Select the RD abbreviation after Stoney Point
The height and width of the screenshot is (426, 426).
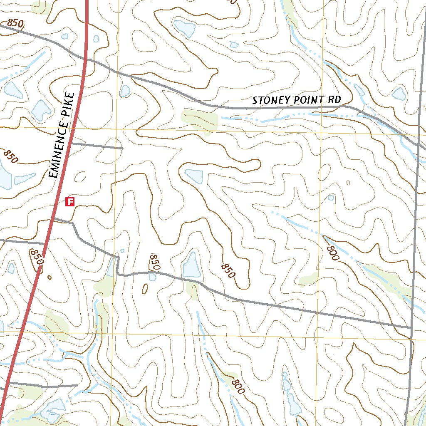click(334, 100)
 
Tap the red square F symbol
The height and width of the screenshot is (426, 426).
click(70, 202)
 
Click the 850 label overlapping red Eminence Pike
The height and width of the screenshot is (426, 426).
click(37, 257)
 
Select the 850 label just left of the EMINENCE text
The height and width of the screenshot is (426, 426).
click(11, 156)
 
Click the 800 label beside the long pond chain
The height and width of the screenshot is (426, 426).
click(238, 386)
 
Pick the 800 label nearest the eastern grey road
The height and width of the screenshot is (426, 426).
click(333, 253)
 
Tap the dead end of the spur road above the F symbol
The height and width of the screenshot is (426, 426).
click(123, 148)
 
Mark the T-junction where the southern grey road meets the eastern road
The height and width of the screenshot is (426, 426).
click(411, 327)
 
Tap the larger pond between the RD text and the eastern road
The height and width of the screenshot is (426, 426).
click(399, 94)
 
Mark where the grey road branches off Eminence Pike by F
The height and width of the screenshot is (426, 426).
click(55, 218)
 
